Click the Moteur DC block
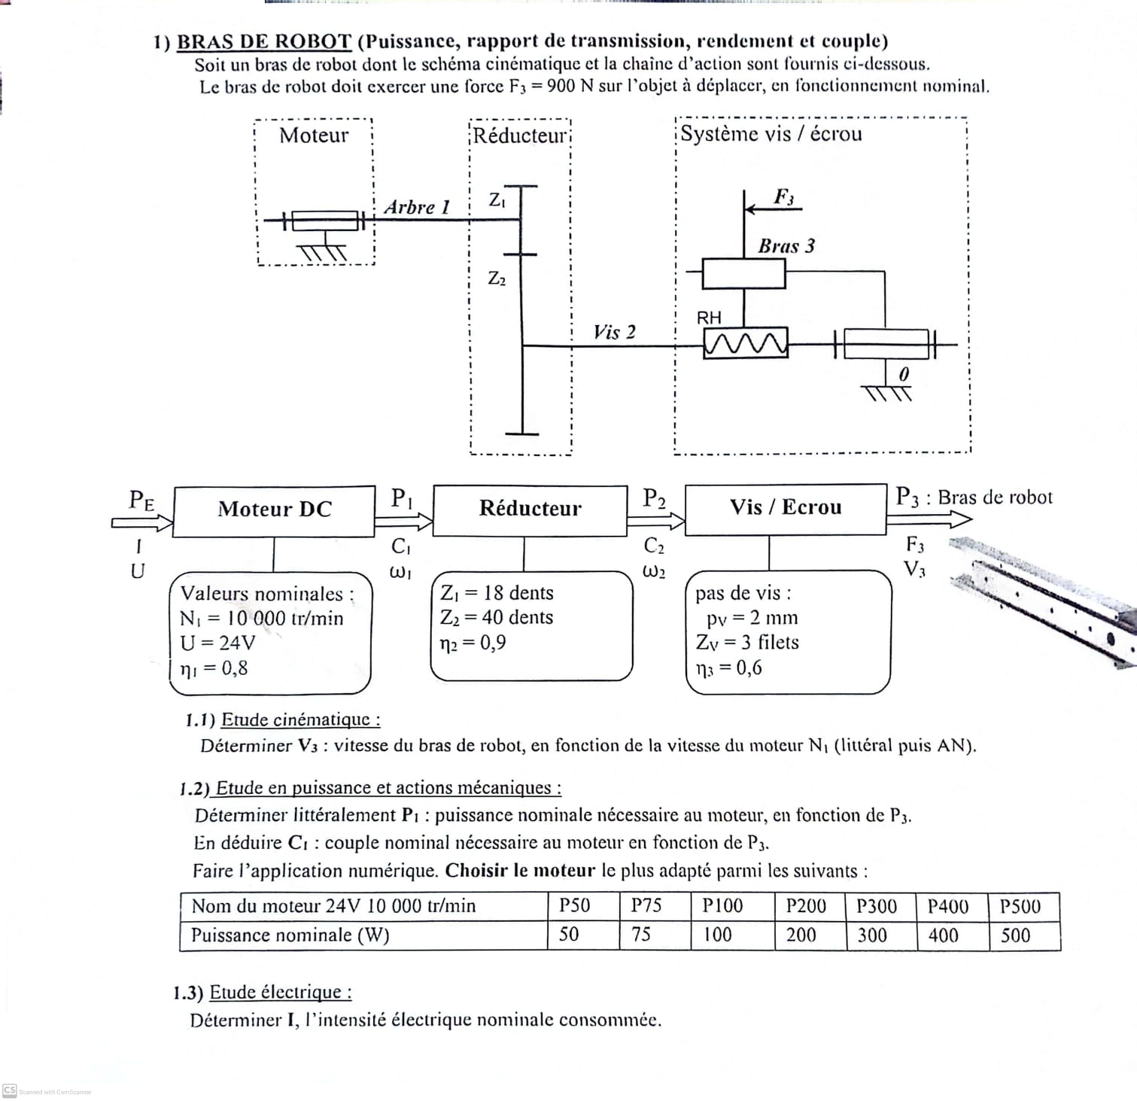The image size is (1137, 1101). click(x=274, y=510)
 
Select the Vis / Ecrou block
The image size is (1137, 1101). click(x=785, y=508)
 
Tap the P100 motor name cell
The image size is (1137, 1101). click(x=722, y=906)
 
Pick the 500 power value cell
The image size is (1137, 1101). click(x=1015, y=936)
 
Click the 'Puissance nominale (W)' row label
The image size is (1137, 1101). click(x=290, y=935)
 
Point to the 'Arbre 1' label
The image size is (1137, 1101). click(x=416, y=208)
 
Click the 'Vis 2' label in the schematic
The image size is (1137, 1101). click(x=614, y=333)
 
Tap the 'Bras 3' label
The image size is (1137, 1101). click(x=786, y=247)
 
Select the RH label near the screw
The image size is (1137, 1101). click(x=709, y=318)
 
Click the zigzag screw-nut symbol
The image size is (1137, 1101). click(x=745, y=344)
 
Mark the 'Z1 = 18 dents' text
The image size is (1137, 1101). click(x=497, y=594)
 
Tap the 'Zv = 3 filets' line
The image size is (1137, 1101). click(x=747, y=643)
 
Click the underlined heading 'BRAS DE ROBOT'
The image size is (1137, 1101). click(x=264, y=42)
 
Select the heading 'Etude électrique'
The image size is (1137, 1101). click(x=280, y=993)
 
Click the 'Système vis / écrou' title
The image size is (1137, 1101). click(x=771, y=134)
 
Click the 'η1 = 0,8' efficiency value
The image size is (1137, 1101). click(x=214, y=668)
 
